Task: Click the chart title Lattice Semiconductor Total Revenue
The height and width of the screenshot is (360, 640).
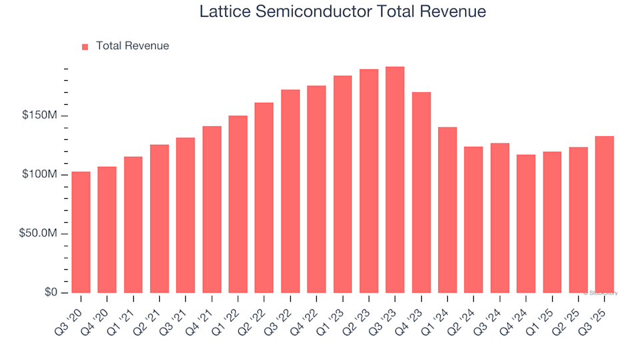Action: pos(343,12)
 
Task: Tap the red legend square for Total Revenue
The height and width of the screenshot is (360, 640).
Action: pos(85,47)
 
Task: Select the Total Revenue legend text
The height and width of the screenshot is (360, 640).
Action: pos(132,46)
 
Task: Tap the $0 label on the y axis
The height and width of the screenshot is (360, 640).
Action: pos(51,293)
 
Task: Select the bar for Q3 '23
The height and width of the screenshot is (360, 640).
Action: pos(395,180)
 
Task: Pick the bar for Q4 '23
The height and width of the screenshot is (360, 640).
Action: pos(421,193)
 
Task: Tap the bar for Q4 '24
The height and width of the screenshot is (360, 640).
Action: pos(526,224)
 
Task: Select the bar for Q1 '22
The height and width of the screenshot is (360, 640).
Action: pos(238,204)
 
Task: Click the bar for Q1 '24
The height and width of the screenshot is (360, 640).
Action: pos(447,210)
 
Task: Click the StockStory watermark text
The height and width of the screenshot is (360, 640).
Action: pos(600,293)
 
